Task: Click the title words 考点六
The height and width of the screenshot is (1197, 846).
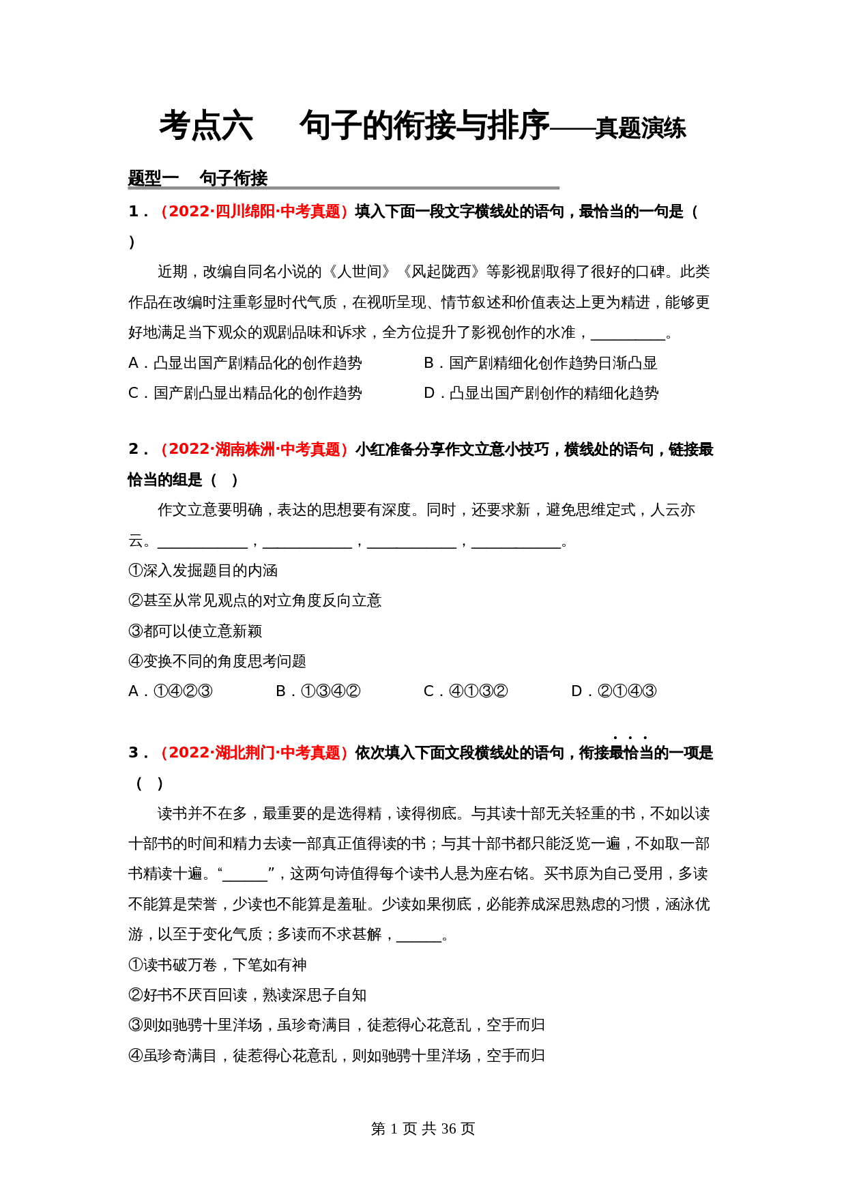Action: (206, 126)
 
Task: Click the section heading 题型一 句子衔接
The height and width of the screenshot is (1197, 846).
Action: (198, 178)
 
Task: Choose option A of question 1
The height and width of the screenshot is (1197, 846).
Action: (246, 363)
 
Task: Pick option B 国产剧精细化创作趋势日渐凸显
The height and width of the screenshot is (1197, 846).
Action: (540, 363)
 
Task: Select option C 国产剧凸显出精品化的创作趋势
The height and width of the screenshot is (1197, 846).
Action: (246, 393)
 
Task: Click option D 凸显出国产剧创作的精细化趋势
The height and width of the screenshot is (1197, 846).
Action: (541, 393)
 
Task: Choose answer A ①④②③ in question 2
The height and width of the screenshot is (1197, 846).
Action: (171, 691)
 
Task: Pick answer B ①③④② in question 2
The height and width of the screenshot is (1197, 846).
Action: (318, 691)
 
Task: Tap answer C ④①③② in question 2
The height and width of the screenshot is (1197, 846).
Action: (466, 691)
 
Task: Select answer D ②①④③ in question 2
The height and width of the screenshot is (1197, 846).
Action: (614, 691)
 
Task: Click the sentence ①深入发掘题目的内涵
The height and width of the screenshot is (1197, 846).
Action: (203, 571)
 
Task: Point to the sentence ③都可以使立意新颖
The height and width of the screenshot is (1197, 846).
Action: (196, 631)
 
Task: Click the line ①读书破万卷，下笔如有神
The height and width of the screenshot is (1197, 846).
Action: (218, 965)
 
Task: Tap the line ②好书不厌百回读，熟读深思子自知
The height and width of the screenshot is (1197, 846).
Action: (248, 995)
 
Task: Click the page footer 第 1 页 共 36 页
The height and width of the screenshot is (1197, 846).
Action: (423, 1129)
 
